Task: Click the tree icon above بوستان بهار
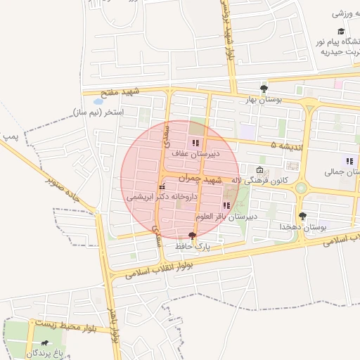click(x=264, y=89)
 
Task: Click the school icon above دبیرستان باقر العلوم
click(x=226, y=205)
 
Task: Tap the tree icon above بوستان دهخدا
click(x=303, y=216)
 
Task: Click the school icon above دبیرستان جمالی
click(x=349, y=161)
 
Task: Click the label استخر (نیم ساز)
click(x=98, y=112)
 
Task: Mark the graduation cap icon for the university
click(x=341, y=32)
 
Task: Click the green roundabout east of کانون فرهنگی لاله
click(x=302, y=188)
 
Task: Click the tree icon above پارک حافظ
click(x=193, y=236)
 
